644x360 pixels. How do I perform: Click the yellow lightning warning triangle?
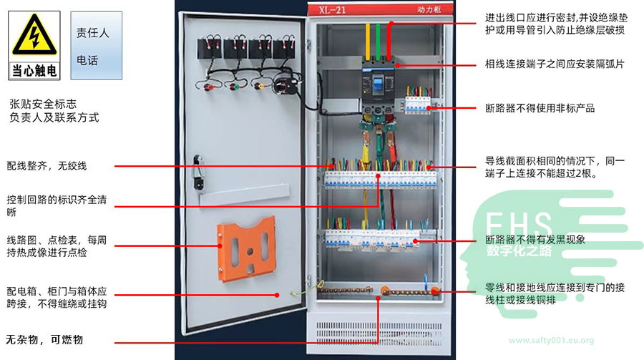click(x=34, y=36)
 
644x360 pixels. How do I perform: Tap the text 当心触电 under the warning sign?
click(x=34, y=71)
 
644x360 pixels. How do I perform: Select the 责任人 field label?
click(x=92, y=33)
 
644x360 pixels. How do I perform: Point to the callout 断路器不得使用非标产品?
click(x=540, y=109)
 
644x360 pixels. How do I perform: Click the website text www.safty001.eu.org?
click(x=551, y=341)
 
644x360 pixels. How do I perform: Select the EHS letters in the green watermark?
click(x=519, y=224)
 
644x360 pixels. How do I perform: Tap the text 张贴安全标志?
click(x=44, y=103)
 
